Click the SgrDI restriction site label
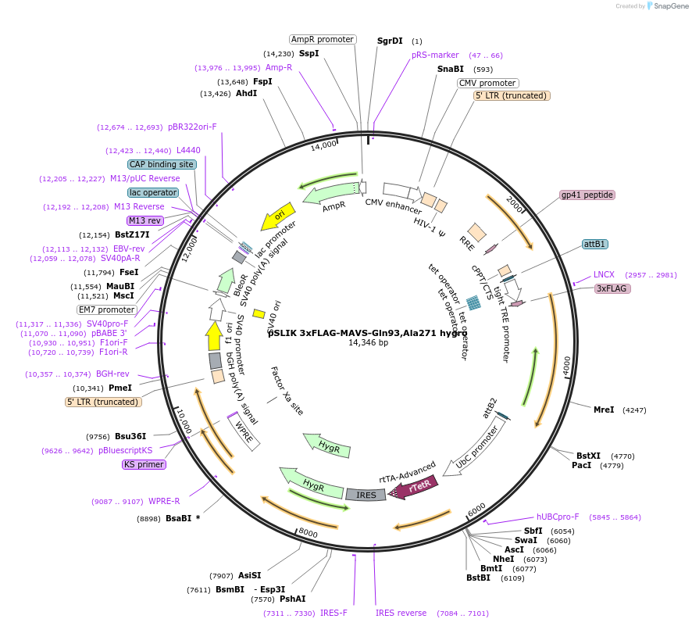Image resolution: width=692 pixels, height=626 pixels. pyautogui.click(x=390, y=41)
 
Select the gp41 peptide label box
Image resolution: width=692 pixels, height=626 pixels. pyautogui.click(x=587, y=195)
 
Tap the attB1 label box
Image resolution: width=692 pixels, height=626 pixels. pyautogui.click(x=595, y=244)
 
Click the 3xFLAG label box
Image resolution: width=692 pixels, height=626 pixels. pyautogui.click(x=613, y=288)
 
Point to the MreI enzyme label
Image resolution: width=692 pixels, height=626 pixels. pyautogui.click(x=604, y=410)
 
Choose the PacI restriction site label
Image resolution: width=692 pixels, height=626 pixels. pyautogui.click(x=581, y=466)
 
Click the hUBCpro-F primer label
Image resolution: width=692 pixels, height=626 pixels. pyautogui.click(x=558, y=517)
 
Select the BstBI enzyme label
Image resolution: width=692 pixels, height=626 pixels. pyautogui.click(x=478, y=578)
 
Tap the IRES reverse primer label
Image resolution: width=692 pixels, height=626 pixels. pyautogui.click(x=401, y=613)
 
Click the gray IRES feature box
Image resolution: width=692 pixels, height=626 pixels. pyautogui.click(x=366, y=495)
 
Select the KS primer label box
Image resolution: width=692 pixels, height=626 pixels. pyautogui.click(x=144, y=464)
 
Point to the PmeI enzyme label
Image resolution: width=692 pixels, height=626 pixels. pyautogui.click(x=119, y=388)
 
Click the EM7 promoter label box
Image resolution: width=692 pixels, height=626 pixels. pyautogui.click(x=106, y=309)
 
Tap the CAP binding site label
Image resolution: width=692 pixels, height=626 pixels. pyautogui.click(x=161, y=165)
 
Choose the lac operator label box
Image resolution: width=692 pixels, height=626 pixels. pyautogui.click(x=153, y=192)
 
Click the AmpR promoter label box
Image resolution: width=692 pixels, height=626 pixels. pyautogui.click(x=323, y=39)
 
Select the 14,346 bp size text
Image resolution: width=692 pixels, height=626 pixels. pyautogui.click(x=368, y=342)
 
